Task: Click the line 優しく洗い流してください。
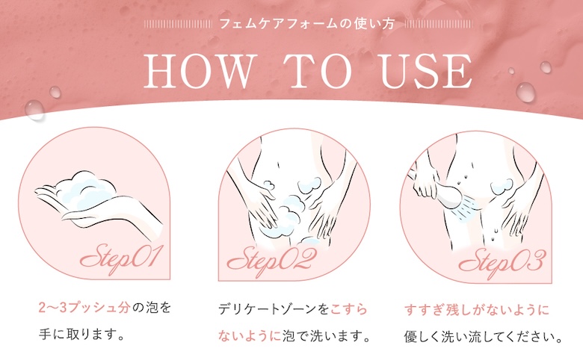pos(481,334)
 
